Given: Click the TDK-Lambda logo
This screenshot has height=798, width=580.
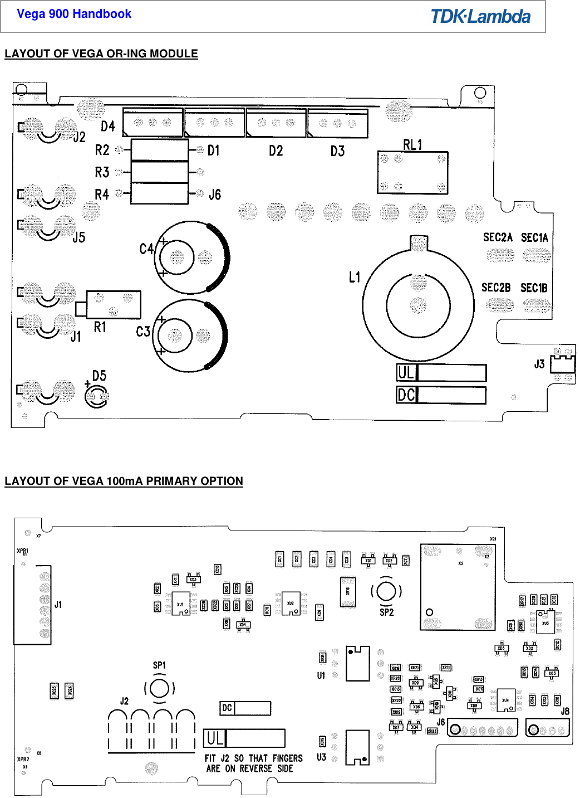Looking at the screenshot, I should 480,16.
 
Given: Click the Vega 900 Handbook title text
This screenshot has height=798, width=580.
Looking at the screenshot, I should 74,14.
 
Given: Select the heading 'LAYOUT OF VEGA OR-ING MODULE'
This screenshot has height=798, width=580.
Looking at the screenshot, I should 101,54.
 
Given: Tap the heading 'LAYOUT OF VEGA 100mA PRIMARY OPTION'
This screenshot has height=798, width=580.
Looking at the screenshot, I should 124,481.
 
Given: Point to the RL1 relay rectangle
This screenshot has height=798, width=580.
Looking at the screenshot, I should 412,172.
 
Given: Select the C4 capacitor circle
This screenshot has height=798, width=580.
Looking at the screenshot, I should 191,257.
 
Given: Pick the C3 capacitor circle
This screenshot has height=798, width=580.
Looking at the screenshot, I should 189,336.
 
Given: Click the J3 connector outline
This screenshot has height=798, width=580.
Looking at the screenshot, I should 562,364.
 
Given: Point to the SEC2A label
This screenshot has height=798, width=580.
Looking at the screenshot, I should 498,238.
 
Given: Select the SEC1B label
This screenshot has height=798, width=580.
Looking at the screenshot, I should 534,288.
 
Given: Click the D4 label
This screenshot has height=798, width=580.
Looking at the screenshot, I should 108,126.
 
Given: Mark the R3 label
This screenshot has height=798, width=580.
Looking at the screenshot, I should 102,172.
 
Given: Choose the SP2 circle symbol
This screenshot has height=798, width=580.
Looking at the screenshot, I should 386,591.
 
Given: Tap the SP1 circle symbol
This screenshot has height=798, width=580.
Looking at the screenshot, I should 159,689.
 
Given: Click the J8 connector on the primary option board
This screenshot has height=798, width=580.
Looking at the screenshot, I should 548,728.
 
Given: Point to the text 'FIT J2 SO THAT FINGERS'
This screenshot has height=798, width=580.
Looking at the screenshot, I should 254,758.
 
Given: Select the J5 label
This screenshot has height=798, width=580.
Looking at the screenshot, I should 79,237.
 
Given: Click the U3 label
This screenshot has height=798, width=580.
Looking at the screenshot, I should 321,757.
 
